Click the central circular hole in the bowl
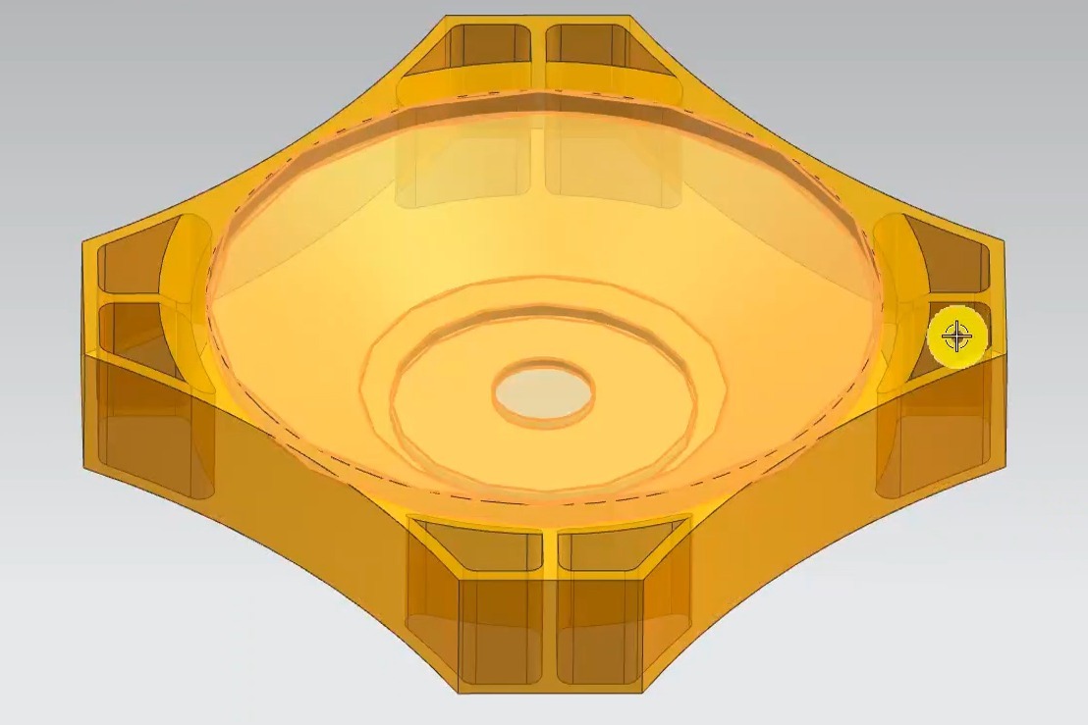pyautogui.click(x=543, y=393)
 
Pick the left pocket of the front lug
pyautogui.click(x=481, y=549)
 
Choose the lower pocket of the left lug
pyautogui.click(x=133, y=329)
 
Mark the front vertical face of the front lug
pyautogui.click(x=550, y=633)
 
